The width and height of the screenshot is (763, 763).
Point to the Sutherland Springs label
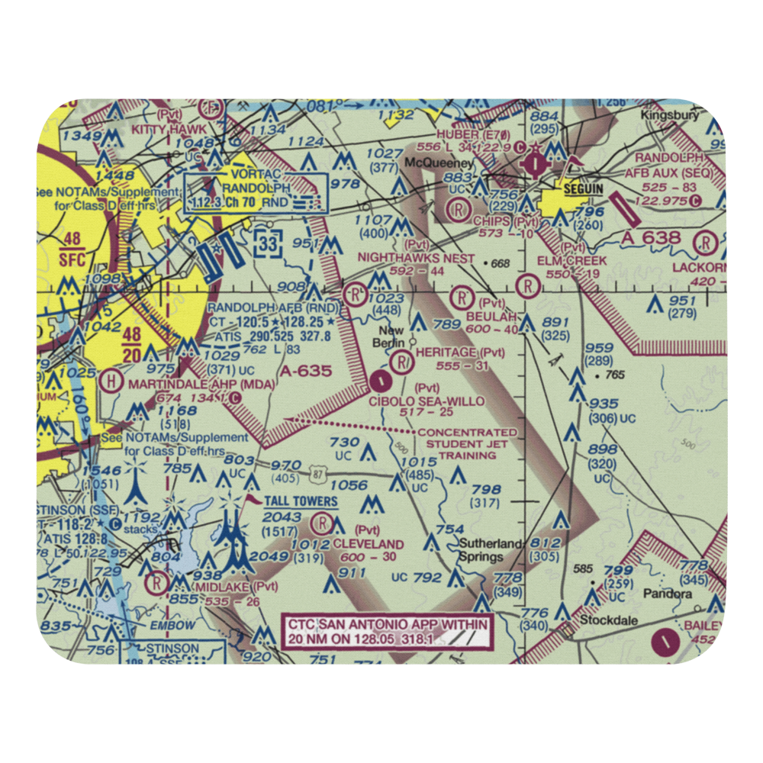click(491, 549)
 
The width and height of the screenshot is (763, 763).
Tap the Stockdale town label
click(609, 620)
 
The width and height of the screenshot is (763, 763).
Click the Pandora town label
click(668, 592)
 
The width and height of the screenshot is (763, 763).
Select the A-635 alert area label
click(305, 372)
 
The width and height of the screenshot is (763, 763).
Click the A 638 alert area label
click(652, 238)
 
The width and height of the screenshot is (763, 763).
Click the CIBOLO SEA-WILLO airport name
click(427, 401)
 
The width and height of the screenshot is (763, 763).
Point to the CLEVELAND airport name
click(369, 543)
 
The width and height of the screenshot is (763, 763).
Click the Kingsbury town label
click(669, 116)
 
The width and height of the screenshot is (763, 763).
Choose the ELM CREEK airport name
click(571, 260)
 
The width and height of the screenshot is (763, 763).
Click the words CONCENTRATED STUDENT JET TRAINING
click(466, 443)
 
